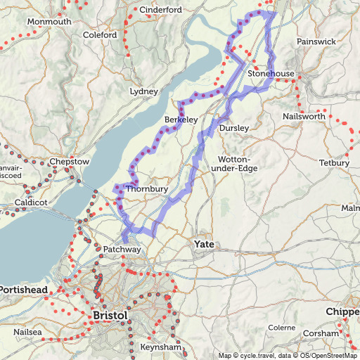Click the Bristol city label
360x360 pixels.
pos(110,316)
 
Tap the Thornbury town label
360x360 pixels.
pos(146,189)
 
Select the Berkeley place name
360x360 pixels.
pos(181,120)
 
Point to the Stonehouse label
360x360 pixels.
pos(270,73)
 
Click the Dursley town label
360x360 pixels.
pos(234,128)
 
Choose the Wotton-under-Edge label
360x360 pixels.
pos(238,164)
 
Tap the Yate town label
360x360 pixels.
pos(204,244)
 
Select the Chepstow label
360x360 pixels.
pos(70,162)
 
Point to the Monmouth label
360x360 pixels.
pos(49,22)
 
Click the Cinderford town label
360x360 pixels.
pos(161,10)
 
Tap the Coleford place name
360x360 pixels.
pos(100,34)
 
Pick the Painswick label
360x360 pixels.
pos(316,41)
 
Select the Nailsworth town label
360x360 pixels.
pos(304,115)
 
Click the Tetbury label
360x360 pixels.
pos(333,163)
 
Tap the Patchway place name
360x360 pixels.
pos(122,250)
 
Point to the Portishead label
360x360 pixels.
pos(24,290)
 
